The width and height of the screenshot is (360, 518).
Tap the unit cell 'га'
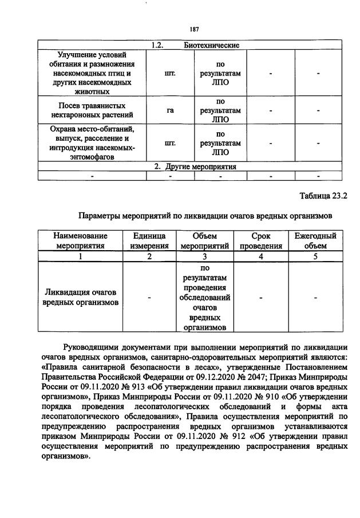170,110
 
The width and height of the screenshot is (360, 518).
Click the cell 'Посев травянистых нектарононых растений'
92,110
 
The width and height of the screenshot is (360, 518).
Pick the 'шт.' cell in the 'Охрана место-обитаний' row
170,144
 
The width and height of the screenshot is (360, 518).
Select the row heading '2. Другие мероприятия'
195,167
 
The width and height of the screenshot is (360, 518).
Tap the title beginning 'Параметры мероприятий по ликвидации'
205,216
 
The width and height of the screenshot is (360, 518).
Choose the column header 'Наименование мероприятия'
81,241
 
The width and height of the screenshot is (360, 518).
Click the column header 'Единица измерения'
149,241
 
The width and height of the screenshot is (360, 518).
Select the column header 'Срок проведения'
261,241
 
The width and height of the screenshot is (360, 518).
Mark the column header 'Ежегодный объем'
315,241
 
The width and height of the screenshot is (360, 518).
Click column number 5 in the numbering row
315,256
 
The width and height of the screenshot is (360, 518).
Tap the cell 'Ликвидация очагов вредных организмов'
81,297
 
